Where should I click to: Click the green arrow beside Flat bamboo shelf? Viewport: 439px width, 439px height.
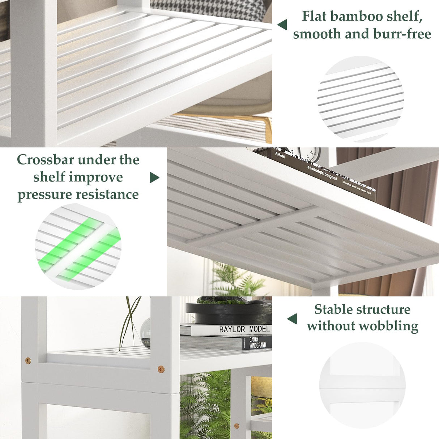click(282, 25)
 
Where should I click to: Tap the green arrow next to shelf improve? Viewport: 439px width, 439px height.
click(154, 178)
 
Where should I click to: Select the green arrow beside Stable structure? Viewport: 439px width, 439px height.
click(292, 319)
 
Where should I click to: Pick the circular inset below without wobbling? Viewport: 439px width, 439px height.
click(362, 385)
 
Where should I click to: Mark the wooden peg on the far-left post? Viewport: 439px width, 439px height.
click(28, 361)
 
